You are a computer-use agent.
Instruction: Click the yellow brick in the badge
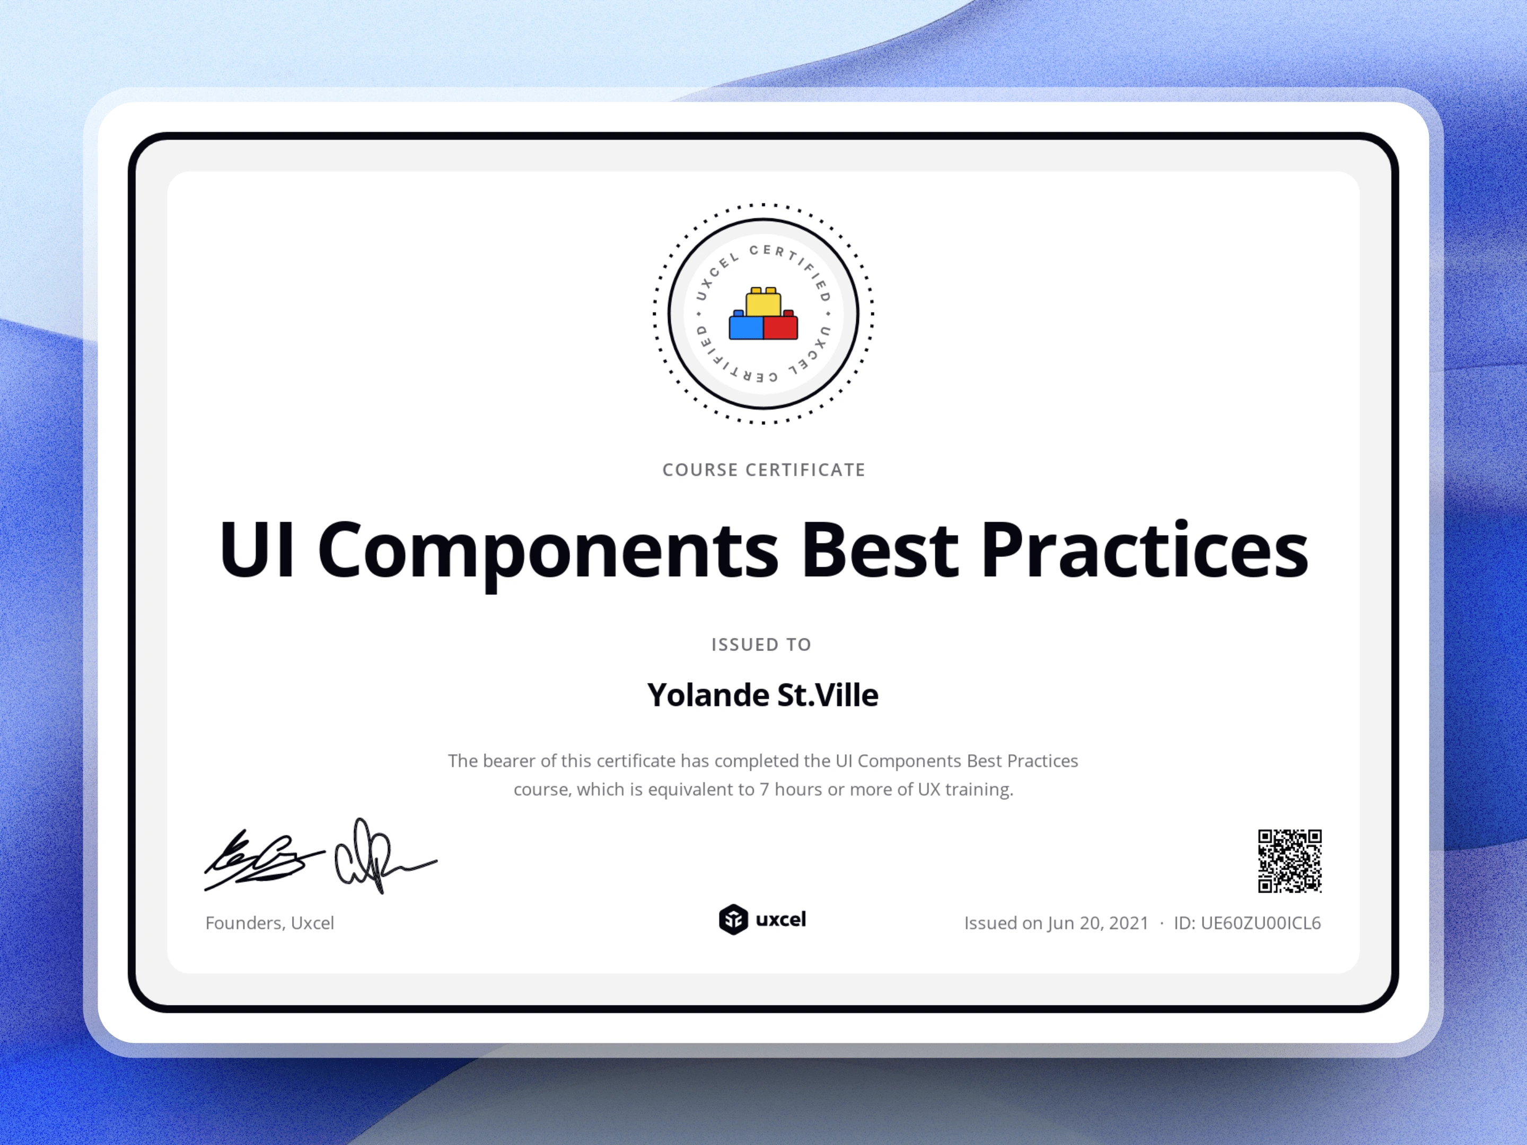pos(763,302)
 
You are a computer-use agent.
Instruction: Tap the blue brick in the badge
pos(745,326)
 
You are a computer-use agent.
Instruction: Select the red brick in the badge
pos(781,326)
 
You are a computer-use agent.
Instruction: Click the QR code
pos(1289,861)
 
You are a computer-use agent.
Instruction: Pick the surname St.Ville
pos(828,695)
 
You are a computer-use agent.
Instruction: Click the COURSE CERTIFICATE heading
pos(763,470)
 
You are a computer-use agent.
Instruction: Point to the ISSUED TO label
pos(761,645)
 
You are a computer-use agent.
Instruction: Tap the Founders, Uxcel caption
pos(269,923)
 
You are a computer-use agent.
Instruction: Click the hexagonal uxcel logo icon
pos(733,919)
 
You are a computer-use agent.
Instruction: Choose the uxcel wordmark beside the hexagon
pos(781,919)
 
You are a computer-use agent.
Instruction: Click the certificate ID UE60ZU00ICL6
pos(1260,923)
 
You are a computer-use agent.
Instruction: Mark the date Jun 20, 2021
pos(1098,923)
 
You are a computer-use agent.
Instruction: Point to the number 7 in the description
pos(764,789)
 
